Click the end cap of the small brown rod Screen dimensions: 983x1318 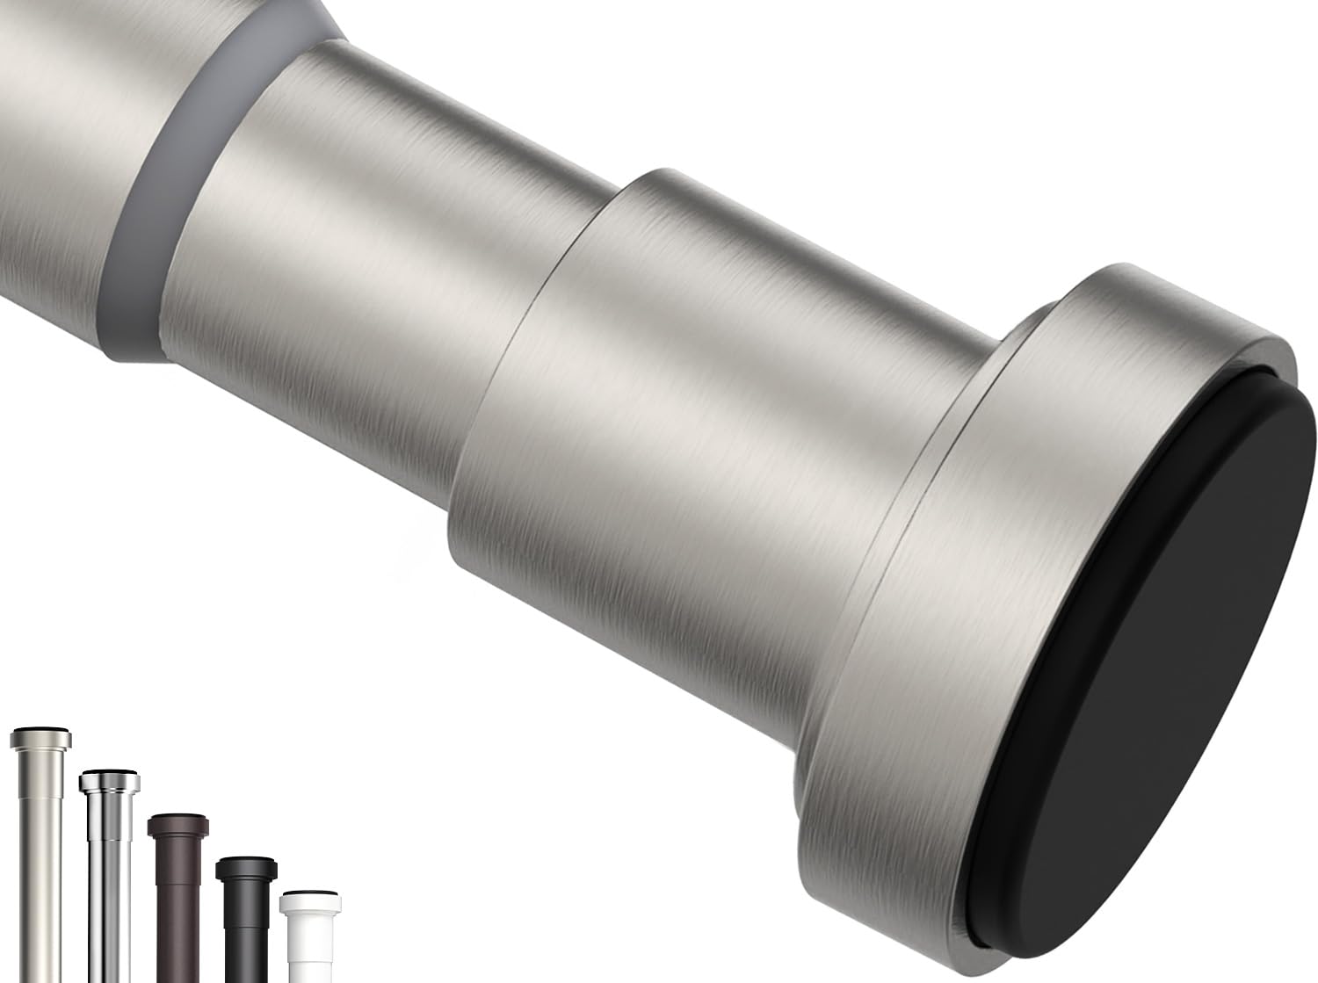click(178, 826)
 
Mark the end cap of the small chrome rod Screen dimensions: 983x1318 click(108, 779)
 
